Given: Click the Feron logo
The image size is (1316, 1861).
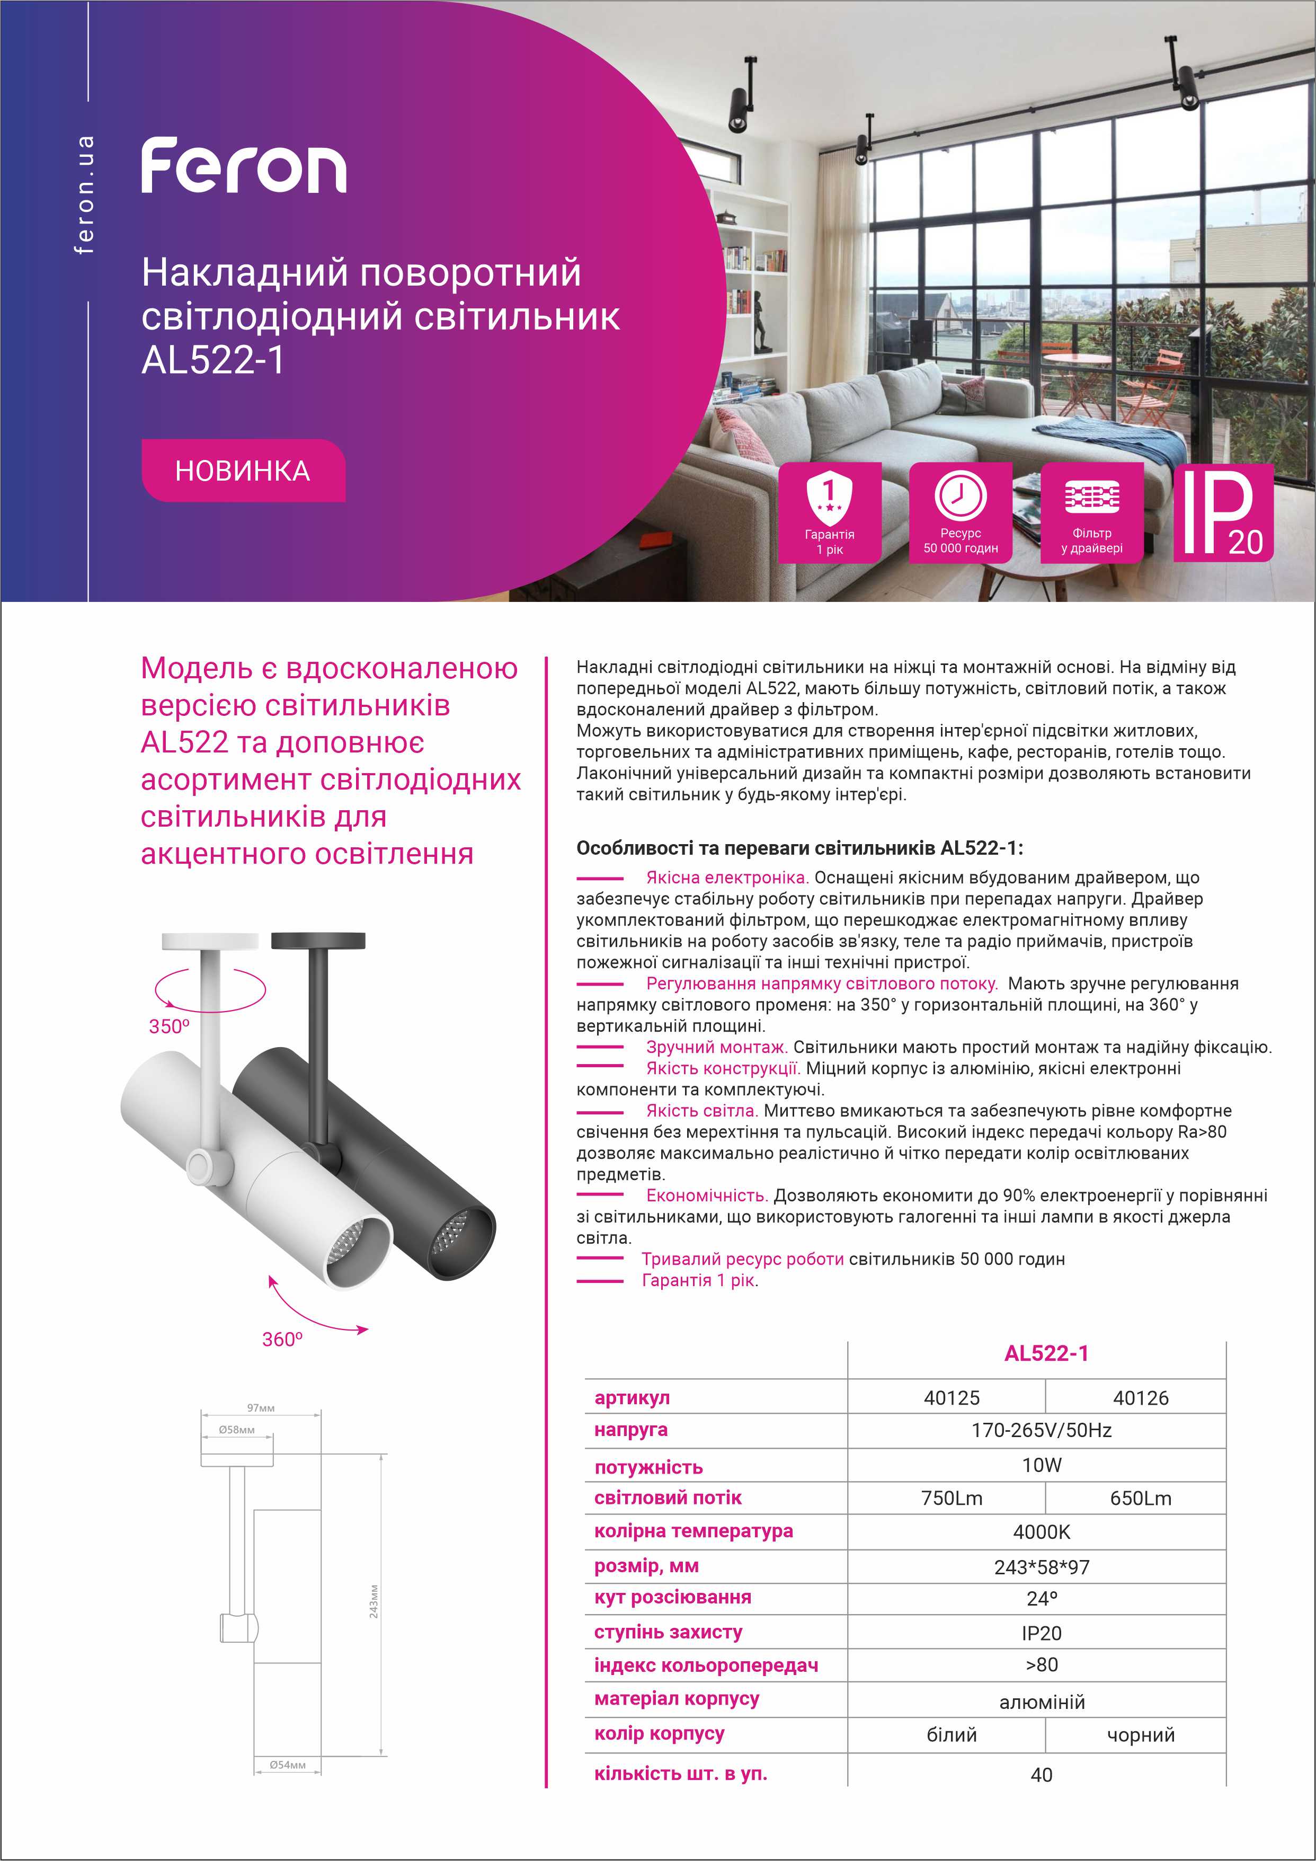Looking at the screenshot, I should click(x=244, y=166).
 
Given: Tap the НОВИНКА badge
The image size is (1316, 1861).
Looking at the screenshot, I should click(x=243, y=471).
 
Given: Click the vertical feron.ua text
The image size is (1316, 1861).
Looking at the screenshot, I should click(x=84, y=194).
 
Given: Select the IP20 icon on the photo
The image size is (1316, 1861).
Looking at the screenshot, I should click(x=1223, y=513).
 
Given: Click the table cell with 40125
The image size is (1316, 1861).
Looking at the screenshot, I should click(x=952, y=1397).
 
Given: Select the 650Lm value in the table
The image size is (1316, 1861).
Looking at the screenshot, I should click(x=1140, y=1498).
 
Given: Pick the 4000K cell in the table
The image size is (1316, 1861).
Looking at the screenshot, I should click(x=1041, y=1532).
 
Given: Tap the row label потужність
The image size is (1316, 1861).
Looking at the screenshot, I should click(x=648, y=1467).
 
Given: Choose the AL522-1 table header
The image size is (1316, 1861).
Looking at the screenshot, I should click(x=1046, y=1353).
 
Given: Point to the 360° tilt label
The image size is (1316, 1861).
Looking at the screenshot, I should click(x=282, y=1339).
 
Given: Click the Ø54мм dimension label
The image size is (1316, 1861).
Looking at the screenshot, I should click(x=288, y=1765).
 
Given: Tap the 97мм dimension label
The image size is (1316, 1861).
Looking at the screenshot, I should click(x=261, y=1408).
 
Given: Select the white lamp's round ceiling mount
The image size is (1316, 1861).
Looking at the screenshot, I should click(x=210, y=941).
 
